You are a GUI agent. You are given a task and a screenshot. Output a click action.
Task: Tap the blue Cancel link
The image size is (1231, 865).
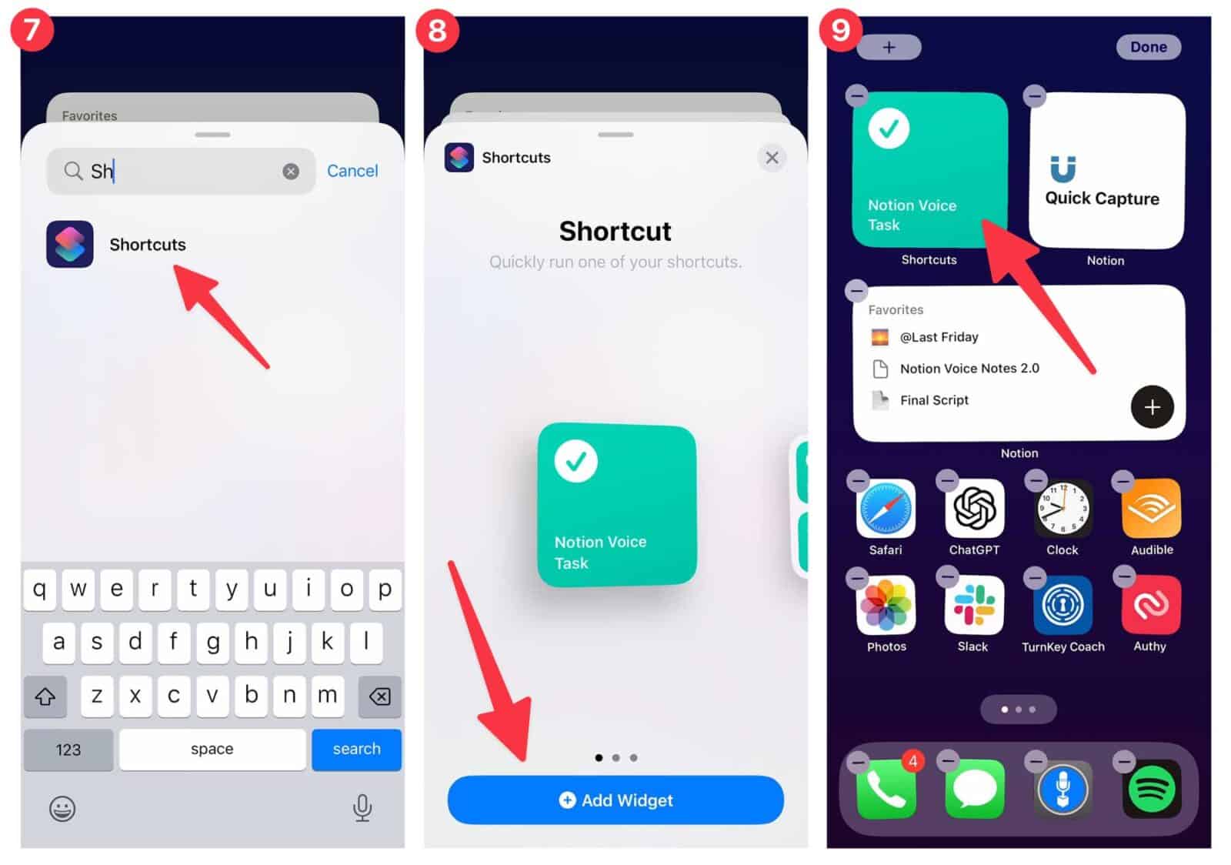pos(352,171)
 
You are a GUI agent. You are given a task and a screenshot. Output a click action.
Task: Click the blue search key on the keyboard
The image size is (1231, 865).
pos(356,749)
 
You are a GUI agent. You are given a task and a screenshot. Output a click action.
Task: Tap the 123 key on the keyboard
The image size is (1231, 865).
pos(68,750)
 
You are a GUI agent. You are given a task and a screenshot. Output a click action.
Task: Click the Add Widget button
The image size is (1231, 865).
pos(615,800)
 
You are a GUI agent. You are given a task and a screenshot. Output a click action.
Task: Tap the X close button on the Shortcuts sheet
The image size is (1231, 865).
pos(772,158)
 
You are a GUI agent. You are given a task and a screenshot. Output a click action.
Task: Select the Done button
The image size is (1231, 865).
pos(1148,47)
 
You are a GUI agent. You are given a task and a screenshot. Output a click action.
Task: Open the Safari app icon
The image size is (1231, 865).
pos(886,509)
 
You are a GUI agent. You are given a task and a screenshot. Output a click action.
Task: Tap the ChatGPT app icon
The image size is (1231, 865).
pos(974,509)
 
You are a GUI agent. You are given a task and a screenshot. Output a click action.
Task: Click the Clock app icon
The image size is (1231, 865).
pos(1063,509)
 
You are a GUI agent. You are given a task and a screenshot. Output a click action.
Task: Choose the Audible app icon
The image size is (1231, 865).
pos(1152,509)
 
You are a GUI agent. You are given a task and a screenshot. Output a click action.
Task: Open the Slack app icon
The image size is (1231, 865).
pos(973,606)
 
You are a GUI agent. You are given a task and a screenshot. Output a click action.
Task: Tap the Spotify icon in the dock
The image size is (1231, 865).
pos(1151,789)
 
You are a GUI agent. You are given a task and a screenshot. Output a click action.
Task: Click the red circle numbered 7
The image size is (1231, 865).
pos(32,31)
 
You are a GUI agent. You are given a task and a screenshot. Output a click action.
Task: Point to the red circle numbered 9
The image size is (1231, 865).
pos(840,31)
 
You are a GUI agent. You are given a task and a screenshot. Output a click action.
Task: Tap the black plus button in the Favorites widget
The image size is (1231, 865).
pos(1152,407)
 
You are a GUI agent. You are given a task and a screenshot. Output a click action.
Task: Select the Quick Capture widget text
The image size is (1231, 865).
pos(1102,199)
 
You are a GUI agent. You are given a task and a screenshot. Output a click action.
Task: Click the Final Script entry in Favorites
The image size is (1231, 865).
pos(934,400)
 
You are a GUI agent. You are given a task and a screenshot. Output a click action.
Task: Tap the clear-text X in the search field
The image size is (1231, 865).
pos(291,172)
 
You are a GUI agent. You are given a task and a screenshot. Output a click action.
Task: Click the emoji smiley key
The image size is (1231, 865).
pos(62,809)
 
